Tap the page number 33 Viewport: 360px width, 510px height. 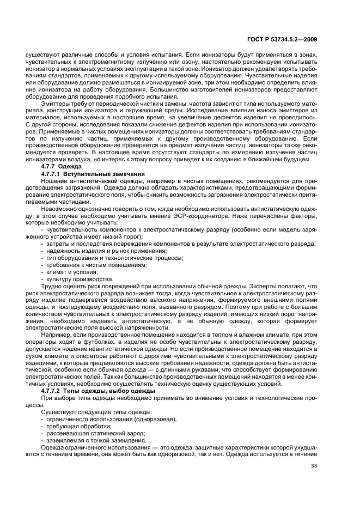[x=313, y=481]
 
